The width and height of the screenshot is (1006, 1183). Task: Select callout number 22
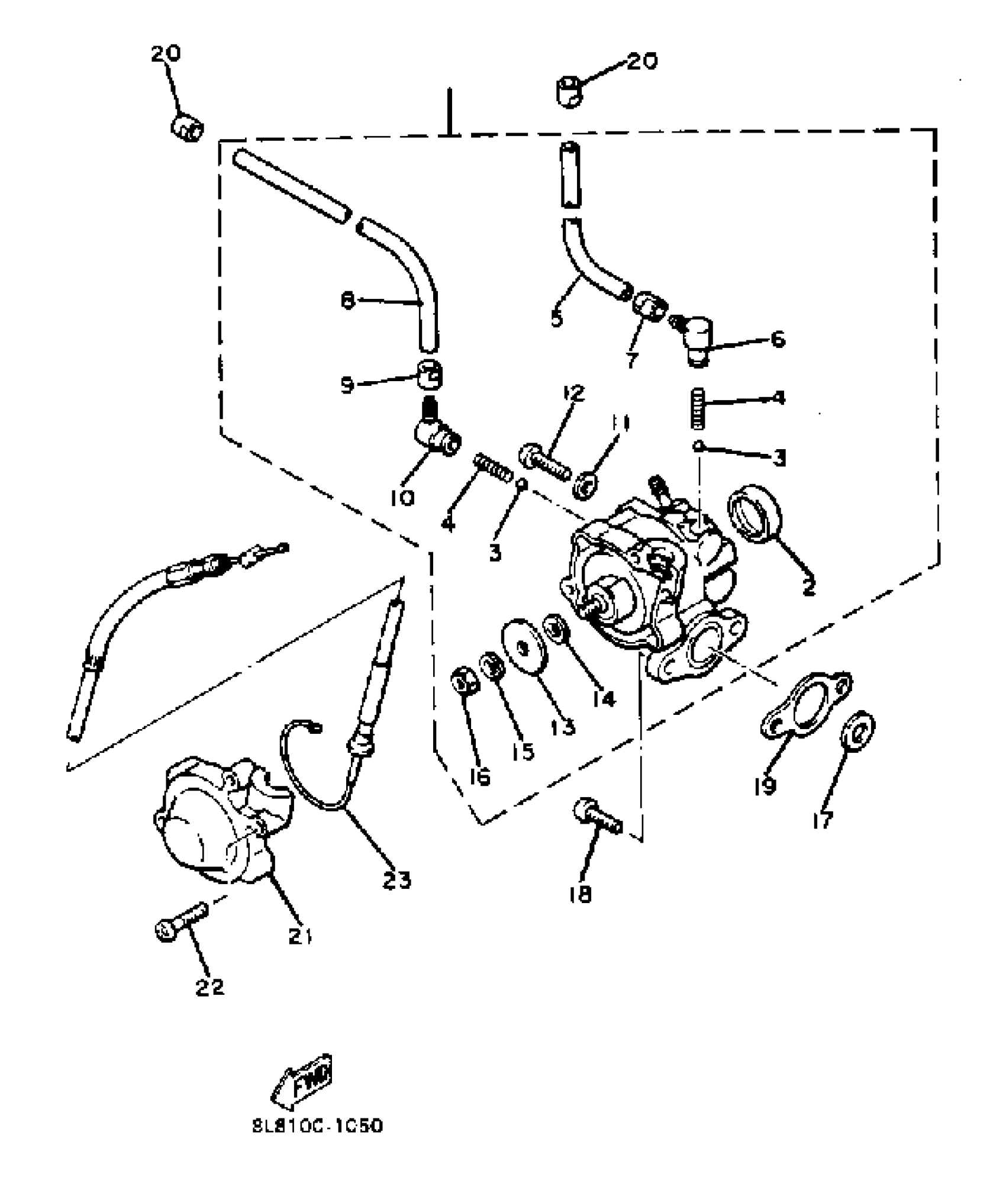click(210, 987)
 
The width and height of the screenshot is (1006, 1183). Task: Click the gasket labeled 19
click(805, 707)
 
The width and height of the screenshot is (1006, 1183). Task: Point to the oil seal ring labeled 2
click(755, 514)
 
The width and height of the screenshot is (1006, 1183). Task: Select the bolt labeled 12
click(545, 462)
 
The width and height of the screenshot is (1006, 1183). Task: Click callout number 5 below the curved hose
click(556, 318)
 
